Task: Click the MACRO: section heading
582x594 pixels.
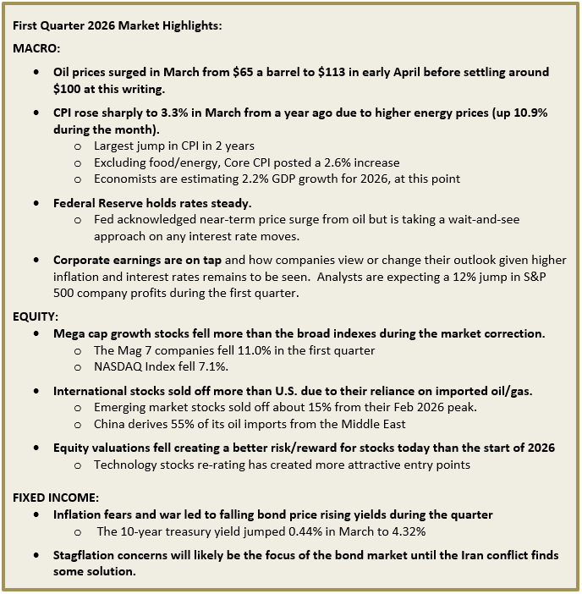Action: [36, 49]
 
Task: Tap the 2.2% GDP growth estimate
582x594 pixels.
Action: [248, 179]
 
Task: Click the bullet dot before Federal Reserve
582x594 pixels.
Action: [36, 204]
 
